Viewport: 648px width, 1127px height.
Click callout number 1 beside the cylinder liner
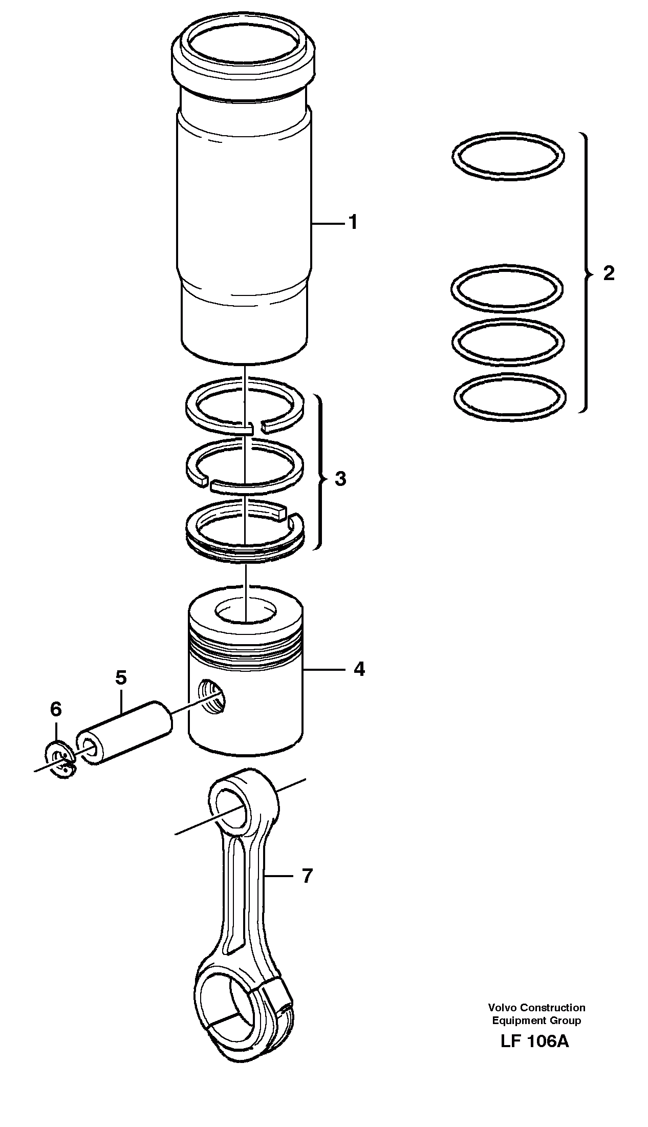pos(353,223)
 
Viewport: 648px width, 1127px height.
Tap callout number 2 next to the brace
pos(608,273)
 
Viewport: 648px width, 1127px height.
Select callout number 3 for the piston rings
pos(340,479)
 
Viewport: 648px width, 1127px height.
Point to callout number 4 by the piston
pos(359,669)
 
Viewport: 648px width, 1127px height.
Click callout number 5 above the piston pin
pos(121,677)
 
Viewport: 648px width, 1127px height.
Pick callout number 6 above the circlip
pos(56,709)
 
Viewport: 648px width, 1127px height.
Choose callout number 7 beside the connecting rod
pos(306,876)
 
